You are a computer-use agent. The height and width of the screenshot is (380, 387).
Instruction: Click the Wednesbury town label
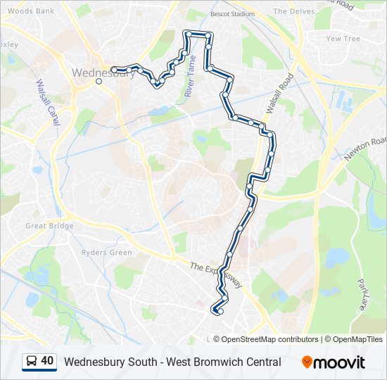tap(103, 72)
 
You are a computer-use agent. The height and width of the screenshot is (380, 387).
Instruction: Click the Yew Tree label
tap(343, 39)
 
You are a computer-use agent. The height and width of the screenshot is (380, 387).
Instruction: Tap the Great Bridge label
tap(49, 226)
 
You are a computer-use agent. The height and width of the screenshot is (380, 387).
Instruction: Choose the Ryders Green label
tap(107, 253)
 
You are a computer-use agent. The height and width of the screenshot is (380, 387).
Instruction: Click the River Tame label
tap(189, 79)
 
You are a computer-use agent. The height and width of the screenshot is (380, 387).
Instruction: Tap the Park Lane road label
tap(364, 289)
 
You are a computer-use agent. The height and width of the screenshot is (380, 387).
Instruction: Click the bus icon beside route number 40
tap(32, 362)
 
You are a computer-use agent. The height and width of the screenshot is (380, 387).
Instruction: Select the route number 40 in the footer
tap(47, 362)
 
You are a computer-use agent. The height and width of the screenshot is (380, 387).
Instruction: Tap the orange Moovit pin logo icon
tap(307, 362)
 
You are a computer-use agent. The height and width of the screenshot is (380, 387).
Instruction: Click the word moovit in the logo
tap(339, 362)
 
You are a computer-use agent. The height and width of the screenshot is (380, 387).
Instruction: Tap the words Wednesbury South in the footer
tap(106, 362)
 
